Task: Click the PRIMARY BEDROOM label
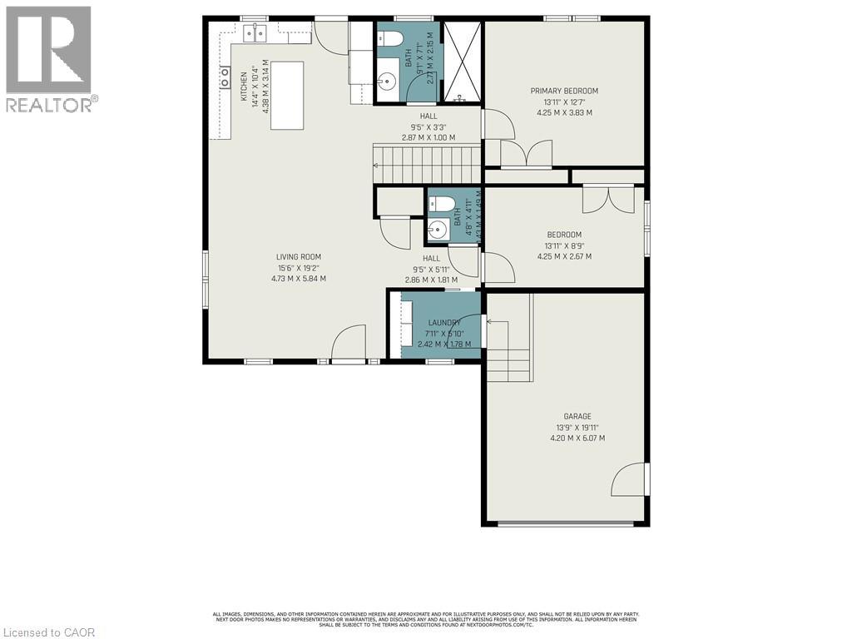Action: [564, 91]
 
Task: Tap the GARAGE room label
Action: [577, 416]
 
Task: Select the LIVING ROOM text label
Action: [299, 257]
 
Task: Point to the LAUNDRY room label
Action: [444, 323]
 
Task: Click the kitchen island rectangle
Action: [285, 95]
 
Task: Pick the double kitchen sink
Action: [255, 34]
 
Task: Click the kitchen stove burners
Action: [225, 78]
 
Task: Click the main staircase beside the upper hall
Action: [427, 163]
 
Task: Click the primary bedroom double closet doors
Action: [526, 154]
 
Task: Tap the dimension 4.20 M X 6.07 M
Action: [577, 438]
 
